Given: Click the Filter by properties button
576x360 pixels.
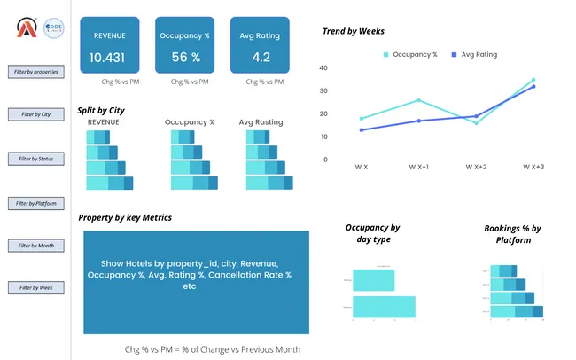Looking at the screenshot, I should click(35, 71).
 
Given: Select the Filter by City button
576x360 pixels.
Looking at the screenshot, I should click(35, 114).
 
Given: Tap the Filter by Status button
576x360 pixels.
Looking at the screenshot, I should click(35, 159).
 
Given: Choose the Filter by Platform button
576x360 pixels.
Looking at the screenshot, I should click(35, 203).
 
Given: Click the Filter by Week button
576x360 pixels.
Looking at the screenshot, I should click(35, 288).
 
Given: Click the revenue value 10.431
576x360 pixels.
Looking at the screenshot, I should click(107, 58).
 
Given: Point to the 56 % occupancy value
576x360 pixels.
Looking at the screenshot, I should click(185, 58).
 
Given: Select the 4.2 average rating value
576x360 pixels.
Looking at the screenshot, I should click(261, 58).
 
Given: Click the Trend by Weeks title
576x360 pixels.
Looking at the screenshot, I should click(353, 31).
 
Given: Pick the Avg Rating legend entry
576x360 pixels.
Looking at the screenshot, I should click(474, 54).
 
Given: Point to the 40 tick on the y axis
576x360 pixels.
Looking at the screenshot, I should click(323, 67).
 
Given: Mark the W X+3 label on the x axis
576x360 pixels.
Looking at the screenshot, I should click(533, 167).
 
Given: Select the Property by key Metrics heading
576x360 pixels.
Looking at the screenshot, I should click(125, 217).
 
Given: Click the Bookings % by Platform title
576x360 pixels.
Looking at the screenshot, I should click(513, 234).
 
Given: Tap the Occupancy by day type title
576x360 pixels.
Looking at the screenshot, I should click(372, 233).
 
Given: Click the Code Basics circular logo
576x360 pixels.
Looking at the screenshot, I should click(54, 27).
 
